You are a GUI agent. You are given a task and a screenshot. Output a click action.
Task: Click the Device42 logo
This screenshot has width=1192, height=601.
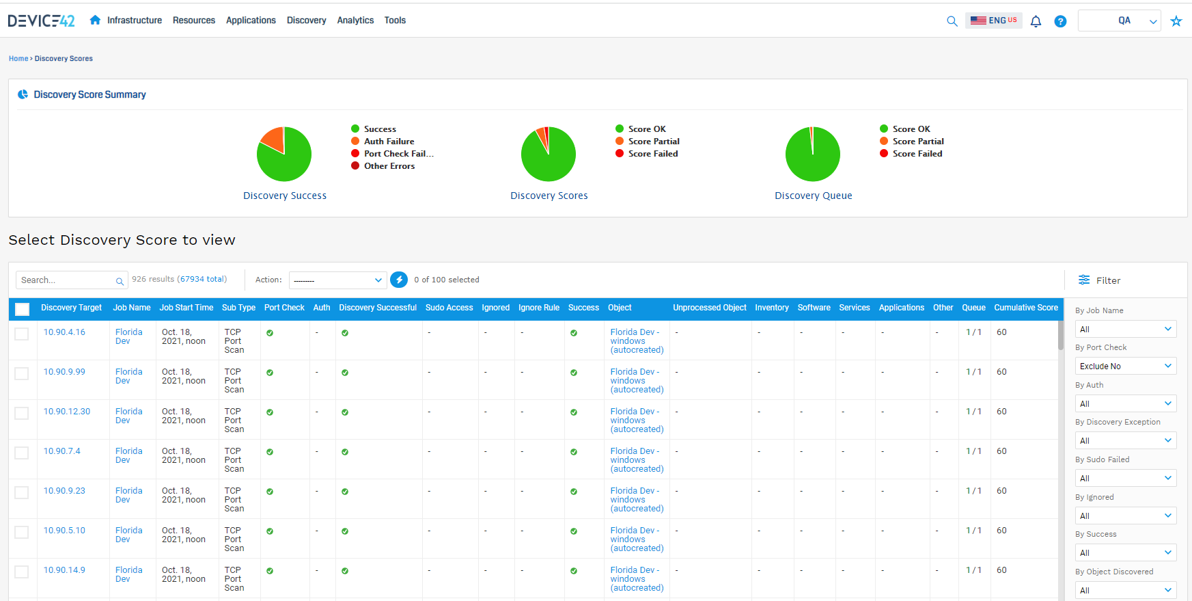[x=41, y=21]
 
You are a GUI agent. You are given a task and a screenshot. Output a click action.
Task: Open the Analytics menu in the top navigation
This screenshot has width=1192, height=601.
[x=355, y=21]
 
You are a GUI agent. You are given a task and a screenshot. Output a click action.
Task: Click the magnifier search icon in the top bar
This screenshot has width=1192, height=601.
[x=952, y=21]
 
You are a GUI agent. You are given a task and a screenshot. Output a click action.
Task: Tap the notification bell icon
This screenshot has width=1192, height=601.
[x=1036, y=21]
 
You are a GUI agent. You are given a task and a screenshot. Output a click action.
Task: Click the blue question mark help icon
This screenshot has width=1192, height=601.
[x=1060, y=21]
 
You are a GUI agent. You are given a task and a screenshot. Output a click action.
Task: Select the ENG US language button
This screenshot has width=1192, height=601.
[x=994, y=21]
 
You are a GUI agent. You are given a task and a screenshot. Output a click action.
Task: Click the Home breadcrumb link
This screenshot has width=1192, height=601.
[x=18, y=59]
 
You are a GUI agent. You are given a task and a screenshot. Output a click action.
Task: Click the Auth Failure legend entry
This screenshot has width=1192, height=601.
[x=389, y=142]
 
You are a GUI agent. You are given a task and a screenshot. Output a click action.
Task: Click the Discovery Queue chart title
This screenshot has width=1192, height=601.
[x=813, y=196]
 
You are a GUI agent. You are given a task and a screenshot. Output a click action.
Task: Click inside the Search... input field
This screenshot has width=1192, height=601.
[x=66, y=280]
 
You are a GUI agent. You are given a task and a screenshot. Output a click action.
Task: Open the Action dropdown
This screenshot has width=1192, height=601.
[x=337, y=280]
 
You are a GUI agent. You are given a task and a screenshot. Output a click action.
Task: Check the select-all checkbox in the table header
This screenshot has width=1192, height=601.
[x=23, y=309]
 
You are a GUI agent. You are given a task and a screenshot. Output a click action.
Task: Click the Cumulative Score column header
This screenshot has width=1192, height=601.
[x=1025, y=308]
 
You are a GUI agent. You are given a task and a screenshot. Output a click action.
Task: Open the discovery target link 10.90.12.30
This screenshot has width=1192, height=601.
[x=67, y=412]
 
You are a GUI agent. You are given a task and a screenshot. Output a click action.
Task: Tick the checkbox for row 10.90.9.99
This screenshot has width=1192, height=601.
[x=22, y=373]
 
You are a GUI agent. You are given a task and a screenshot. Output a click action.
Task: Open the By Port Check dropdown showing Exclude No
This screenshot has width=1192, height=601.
[x=1125, y=366]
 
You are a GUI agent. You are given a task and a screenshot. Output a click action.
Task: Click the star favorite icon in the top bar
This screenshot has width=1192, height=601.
[x=1176, y=21]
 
